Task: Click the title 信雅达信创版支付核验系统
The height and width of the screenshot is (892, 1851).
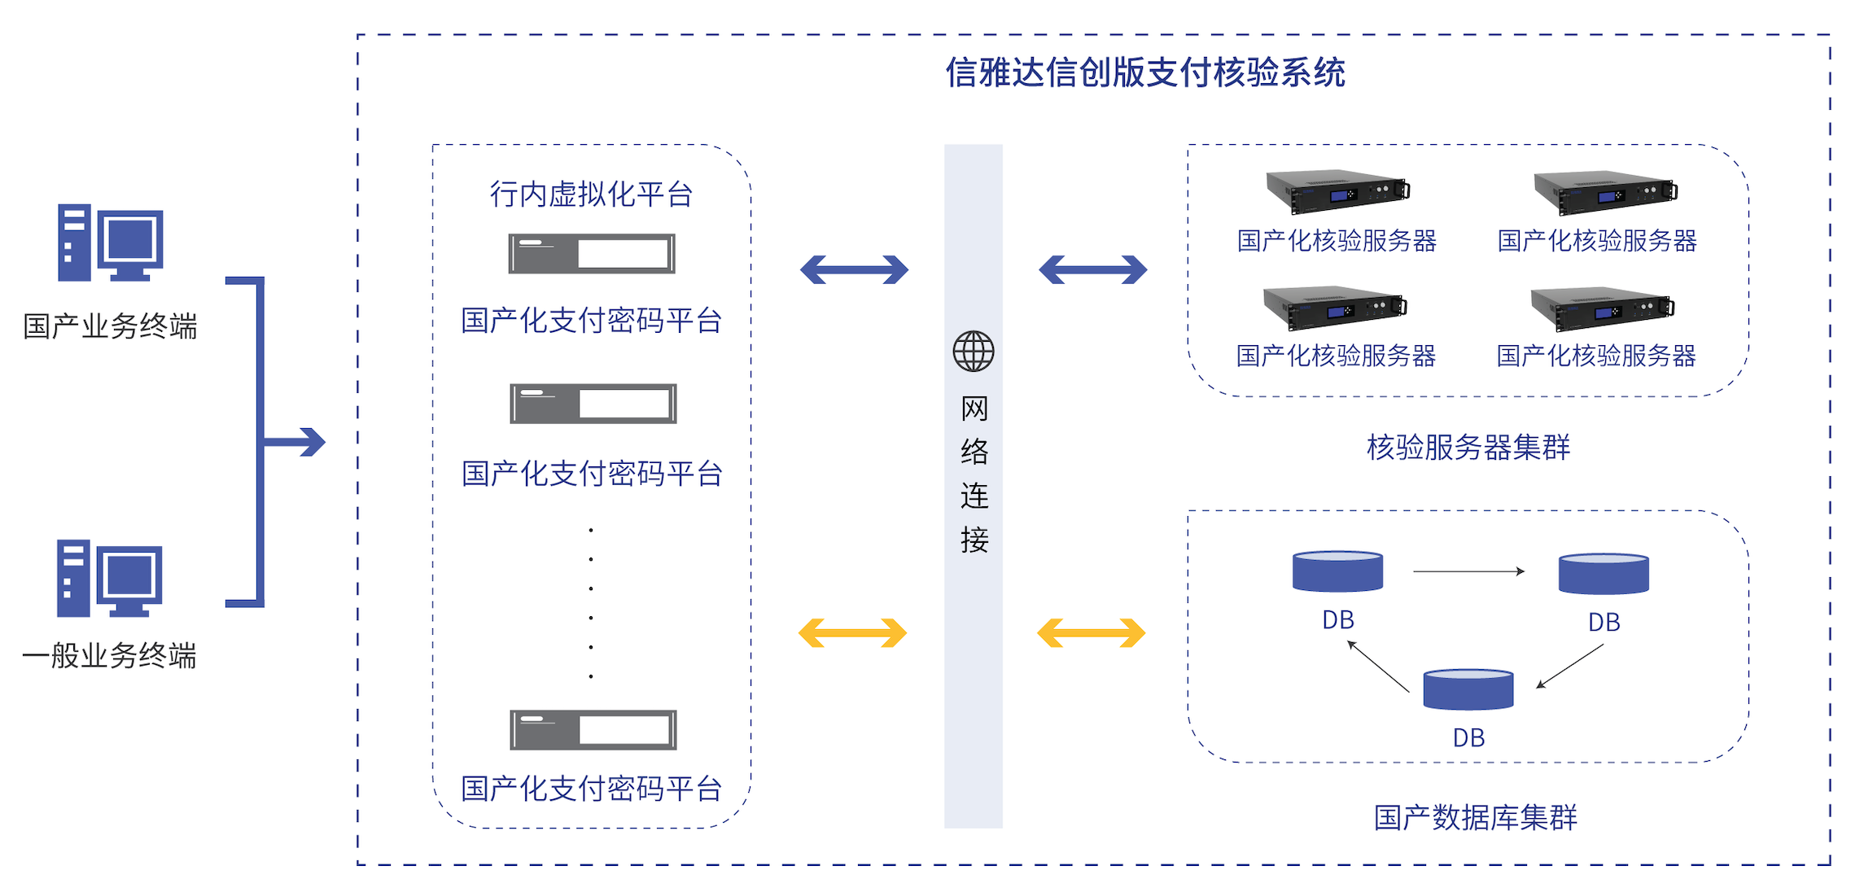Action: [1144, 73]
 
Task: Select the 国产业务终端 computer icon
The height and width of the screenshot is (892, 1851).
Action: [110, 243]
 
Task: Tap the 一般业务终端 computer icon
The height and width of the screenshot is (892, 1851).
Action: [109, 578]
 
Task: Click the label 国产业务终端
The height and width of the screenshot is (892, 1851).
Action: [110, 326]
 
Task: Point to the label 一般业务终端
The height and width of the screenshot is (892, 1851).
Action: [110, 656]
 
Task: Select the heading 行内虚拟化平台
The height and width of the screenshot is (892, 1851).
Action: [591, 195]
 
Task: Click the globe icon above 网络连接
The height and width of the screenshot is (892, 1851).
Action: [974, 352]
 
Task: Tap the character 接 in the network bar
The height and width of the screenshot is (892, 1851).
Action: [974, 540]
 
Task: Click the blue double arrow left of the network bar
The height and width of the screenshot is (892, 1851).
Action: [854, 269]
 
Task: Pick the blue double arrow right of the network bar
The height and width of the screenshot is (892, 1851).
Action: [1092, 269]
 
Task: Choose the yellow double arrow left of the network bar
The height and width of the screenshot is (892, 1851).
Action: [852, 632]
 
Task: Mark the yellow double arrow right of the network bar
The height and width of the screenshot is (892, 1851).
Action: [1091, 632]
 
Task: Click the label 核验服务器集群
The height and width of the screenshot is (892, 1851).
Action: [1468, 448]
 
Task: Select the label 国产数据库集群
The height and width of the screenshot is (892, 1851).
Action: [1475, 817]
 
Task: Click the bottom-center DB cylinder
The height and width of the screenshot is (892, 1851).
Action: [1468, 689]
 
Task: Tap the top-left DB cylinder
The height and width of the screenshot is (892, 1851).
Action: [1337, 571]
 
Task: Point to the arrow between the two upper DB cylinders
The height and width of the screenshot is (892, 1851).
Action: [1468, 571]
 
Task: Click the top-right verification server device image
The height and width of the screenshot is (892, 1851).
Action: [1604, 192]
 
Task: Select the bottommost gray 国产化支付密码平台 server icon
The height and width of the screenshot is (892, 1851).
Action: [593, 729]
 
